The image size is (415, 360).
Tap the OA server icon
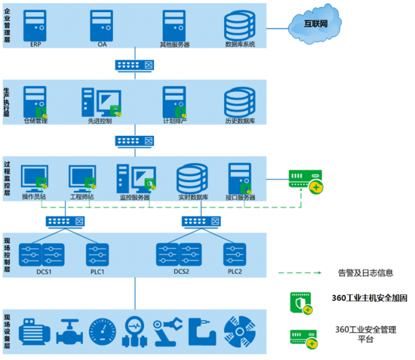pyautogui.click(x=102, y=26)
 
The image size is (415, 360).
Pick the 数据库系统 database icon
pyautogui.click(x=240, y=26)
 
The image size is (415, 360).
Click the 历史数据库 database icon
pyautogui.click(x=239, y=101)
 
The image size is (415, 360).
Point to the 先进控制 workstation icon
pyautogui.click(x=100, y=102)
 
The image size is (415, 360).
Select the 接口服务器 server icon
pyautogui.click(x=240, y=178)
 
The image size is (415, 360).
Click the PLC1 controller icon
pyautogui.click(x=97, y=254)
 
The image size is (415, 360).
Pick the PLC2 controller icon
pyautogui.click(x=234, y=254)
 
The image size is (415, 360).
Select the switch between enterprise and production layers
pyautogui.click(x=134, y=64)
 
